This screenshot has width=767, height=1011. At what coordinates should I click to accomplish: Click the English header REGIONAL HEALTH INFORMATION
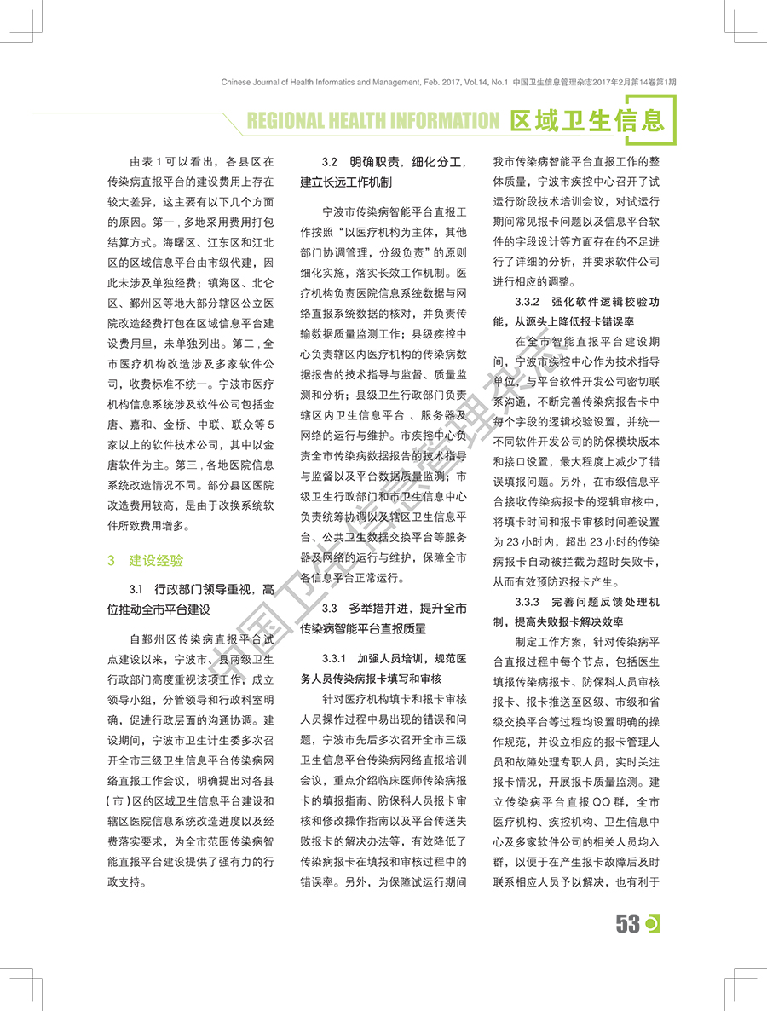click(x=372, y=120)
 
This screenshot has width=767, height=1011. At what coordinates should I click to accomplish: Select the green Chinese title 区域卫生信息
click(x=586, y=120)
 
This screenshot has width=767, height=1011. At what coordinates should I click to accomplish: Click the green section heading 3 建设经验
click(x=145, y=560)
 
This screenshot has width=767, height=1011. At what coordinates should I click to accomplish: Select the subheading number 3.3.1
click(x=336, y=660)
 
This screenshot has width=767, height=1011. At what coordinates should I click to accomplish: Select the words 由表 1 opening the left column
click(x=146, y=161)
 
